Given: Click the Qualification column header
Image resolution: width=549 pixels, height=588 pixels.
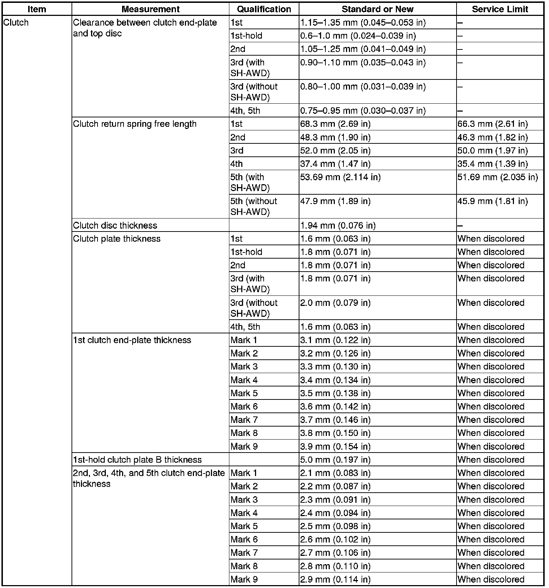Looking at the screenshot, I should (x=264, y=9).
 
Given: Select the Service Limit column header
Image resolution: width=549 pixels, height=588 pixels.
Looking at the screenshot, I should (x=500, y=9).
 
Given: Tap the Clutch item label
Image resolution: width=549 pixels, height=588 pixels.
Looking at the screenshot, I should (x=16, y=22).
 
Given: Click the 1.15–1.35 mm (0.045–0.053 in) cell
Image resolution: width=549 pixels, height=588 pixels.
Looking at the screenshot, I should (x=363, y=22).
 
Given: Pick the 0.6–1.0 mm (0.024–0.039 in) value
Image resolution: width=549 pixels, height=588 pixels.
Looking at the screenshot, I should (x=358, y=36).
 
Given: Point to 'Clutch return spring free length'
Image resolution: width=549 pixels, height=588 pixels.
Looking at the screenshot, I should (x=135, y=124).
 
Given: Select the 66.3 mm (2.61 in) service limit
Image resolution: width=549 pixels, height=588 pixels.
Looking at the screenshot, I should (x=492, y=124).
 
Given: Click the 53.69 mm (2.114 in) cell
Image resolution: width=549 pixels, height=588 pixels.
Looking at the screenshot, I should (x=340, y=177).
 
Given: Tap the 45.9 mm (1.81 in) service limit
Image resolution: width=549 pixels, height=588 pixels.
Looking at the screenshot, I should (x=492, y=201).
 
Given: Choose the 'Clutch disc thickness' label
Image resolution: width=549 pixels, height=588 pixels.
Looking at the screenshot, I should (x=115, y=225).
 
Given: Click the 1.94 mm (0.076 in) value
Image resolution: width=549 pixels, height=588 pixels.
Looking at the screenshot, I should (x=338, y=225).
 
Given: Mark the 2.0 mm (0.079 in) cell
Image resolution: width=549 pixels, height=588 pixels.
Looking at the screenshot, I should (x=335, y=303).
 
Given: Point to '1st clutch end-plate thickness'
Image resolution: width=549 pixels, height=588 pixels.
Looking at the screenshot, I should (x=132, y=340).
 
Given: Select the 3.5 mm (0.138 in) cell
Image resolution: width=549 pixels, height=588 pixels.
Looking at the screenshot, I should (x=335, y=393).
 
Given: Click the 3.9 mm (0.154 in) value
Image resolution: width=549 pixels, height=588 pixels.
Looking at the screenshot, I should (x=335, y=446).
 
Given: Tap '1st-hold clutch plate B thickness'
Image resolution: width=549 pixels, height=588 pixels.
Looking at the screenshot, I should (x=137, y=460).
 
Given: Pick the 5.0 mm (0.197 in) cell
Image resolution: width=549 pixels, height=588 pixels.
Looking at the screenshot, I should (x=335, y=460).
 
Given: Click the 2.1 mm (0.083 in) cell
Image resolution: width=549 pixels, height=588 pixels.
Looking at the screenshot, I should (x=335, y=473).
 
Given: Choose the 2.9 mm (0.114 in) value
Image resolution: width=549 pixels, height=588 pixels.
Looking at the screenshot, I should (x=335, y=579).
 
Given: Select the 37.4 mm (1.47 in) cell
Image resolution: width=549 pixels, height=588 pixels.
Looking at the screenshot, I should (x=335, y=164).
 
